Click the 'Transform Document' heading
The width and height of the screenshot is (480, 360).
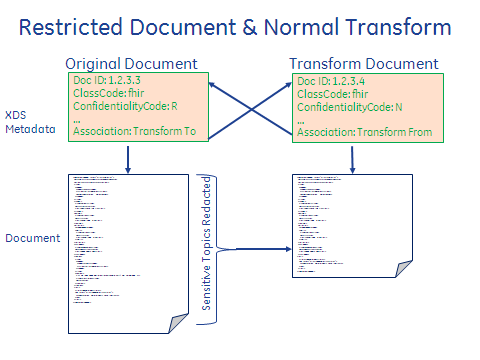coord(361,64)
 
